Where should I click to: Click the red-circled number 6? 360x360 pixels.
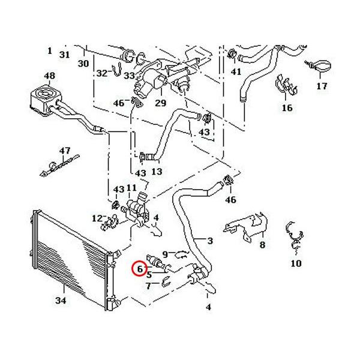(139, 270)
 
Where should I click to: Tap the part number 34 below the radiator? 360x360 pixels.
(61, 300)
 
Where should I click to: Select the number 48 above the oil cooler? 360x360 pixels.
(49, 76)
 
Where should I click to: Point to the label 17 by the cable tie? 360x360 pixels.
(322, 86)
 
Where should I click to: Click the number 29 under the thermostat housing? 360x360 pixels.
(160, 104)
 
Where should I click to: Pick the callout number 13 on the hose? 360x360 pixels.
(157, 172)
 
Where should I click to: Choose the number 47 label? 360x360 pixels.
(65, 150)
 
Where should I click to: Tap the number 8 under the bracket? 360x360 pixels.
(262, 245)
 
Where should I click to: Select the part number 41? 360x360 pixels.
(236, 72)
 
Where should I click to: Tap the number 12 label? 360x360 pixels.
(97, 217)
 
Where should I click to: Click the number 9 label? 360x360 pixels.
(166, 255)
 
